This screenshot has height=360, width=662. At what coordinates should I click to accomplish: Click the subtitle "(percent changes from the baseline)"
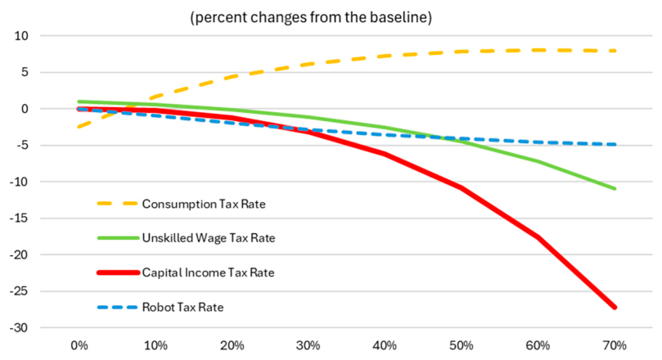[311, 17]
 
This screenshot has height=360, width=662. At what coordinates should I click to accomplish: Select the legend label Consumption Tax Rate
[204, 204]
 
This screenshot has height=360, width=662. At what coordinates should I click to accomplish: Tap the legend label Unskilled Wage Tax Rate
[209, 238]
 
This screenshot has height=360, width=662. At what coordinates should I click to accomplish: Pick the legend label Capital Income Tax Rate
[208, 272]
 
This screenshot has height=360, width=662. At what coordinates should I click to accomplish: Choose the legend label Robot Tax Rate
[182, 307]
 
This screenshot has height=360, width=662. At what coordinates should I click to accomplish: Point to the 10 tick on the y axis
[21, 36]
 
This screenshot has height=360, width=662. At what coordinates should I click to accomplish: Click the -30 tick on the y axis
[20, 327]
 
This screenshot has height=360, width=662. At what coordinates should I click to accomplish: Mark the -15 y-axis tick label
[20, 218]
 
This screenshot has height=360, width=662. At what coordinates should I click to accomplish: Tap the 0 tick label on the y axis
[25, 109]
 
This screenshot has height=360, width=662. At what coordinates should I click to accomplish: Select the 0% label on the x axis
[79, 345]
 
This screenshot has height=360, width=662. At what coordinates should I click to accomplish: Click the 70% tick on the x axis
[615, 345]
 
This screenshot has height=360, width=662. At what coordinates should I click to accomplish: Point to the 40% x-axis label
[385, 345]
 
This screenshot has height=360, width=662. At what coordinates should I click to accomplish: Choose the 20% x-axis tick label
[232, 345]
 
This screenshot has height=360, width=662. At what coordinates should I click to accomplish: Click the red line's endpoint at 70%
[615, 308]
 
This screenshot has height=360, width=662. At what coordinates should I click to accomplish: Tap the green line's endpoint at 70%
[615, 188]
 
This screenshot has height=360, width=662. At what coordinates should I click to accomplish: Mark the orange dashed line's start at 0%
[79, 127]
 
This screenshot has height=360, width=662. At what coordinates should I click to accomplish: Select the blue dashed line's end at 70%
[615, 144]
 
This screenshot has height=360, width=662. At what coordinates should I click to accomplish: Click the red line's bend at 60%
[538, 237]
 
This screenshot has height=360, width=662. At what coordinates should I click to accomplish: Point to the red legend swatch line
[118, 272]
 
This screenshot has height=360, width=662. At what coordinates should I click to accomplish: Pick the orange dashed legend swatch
[117, 204]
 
